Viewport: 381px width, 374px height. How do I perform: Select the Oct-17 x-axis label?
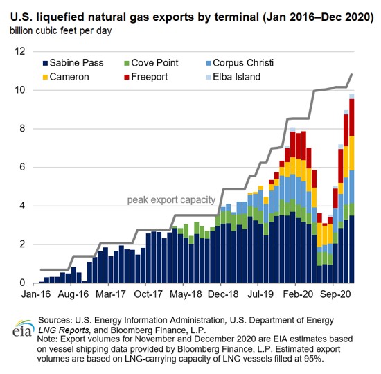pyautogui.click(x=148, y=294)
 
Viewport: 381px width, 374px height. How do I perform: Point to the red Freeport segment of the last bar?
pyautogui.click(x=352, y=117)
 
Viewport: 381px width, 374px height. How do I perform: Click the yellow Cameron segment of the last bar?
pyautogui.click(x=352, y=153)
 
